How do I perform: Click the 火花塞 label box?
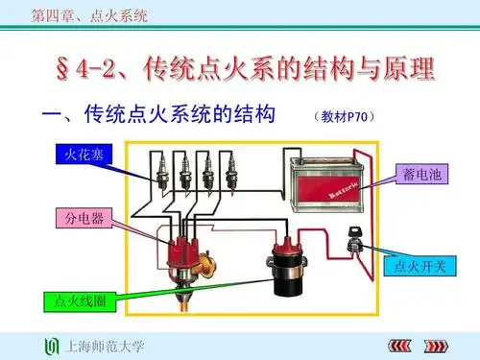click(x=77, y=154)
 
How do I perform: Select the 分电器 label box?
click(x=77, y=220)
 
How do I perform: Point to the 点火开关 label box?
click(x=414, y=266)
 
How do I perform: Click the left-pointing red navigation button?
click(x=396, y=345)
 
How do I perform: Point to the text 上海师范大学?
click(x=104, y=345)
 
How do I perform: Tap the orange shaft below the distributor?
click(x=181, y=300)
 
